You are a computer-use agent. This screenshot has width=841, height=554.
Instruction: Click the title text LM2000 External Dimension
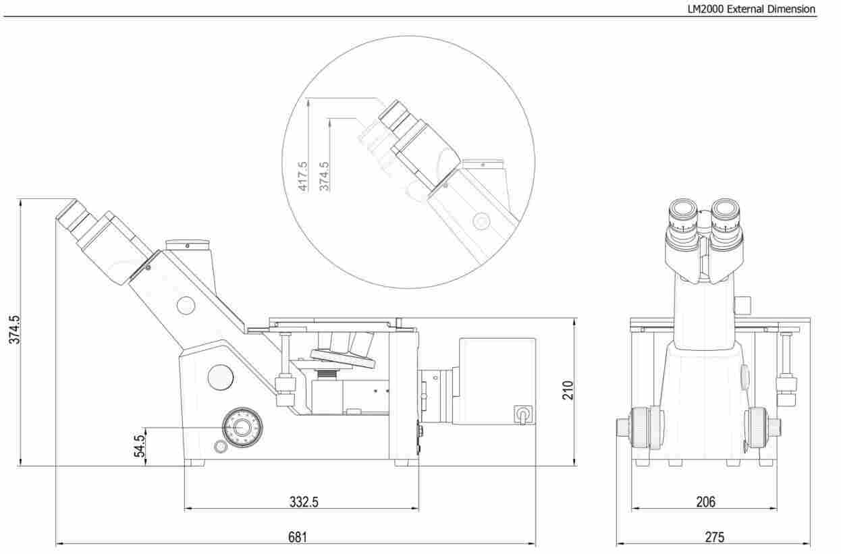[x=751, y=9]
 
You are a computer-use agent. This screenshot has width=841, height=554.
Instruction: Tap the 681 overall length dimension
[x=298, y=537]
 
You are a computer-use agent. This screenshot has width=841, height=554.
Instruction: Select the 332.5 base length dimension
[x=304, y=502]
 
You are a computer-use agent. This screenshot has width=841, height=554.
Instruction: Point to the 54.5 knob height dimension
[x=139, y=446]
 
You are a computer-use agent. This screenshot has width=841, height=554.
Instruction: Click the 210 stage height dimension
[x=568, y=390]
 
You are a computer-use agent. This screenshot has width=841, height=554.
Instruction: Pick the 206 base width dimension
[x=706, y=502]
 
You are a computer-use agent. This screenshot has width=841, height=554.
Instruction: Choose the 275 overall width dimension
[x=715, y=537]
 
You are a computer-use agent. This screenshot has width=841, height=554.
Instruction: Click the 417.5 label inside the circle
[x=302, y=176]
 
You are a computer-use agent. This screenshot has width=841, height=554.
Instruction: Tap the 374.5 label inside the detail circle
[x=324, y=176]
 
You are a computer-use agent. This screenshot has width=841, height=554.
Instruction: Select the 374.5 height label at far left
[x=14, y=329]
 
